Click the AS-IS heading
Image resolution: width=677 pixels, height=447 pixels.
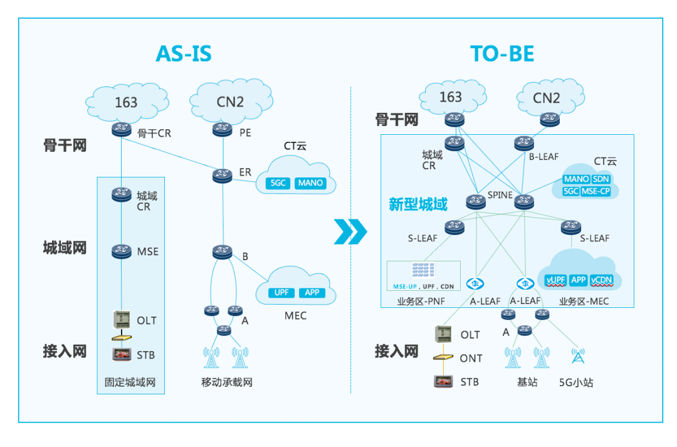click(x=183, y=54)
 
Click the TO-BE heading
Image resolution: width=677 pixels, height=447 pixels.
click(x=502, y=54)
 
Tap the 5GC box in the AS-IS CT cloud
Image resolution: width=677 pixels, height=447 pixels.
click(x=276, y=183)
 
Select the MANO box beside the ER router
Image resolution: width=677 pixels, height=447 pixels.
click(x=311, y=183)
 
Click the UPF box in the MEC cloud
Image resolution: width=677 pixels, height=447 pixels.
click(x=280, y=293)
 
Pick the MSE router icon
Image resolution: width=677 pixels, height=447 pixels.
click(x=120, y=251)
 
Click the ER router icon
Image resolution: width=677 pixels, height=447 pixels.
click(x=221, y=176)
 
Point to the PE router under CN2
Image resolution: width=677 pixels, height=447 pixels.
click(x=221, y=129)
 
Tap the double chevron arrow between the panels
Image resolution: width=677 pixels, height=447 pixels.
click(x=350, y=231)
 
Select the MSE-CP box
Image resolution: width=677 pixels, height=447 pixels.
click(x=596, y=191)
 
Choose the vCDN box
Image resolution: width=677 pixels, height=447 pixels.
click(x=601, y=280)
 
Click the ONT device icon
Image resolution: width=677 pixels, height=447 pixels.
click(x=443, y=357)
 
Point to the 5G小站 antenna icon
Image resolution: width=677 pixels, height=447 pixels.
click(x=577, y=356)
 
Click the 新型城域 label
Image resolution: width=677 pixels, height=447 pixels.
click(x=418, y=205)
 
